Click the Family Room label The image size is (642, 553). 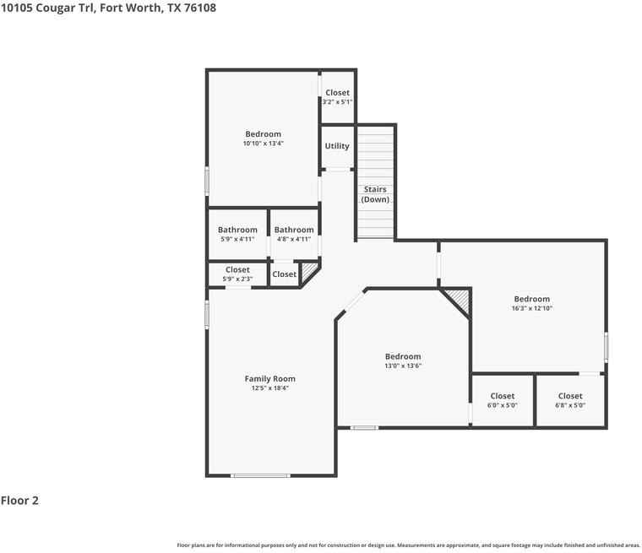[269, 378]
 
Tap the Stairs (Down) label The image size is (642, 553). [375, 194]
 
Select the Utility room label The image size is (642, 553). [337, 146]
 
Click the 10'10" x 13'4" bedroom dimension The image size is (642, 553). [264, 144]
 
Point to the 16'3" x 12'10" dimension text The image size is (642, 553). [532, 308]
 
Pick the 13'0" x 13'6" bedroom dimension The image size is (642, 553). [403, 366]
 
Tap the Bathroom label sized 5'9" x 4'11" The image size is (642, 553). [237, 230]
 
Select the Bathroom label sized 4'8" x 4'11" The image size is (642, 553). [294, 230]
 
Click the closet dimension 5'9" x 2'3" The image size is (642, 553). [237, 279]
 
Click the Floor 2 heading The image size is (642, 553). [19, 500]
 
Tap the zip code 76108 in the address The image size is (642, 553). [200, 8]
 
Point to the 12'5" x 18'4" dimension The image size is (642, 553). [269, 388]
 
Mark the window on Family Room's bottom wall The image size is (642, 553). [260, 475]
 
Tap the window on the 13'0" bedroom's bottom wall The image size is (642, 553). [364, 428]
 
